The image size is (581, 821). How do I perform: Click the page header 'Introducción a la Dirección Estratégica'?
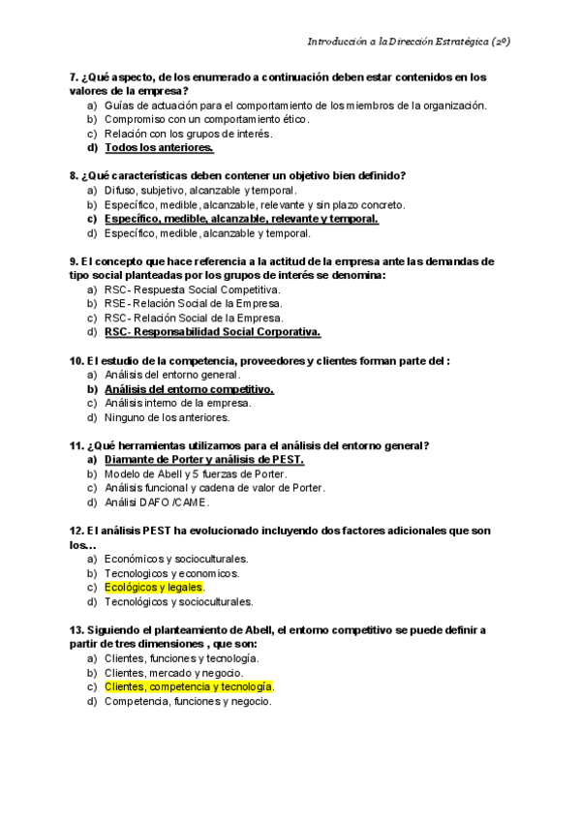point(409,43)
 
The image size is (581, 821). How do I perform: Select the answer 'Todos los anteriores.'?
point(159,148)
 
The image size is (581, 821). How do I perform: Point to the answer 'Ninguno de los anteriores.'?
point(167,417)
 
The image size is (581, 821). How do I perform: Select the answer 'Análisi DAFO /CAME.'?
point(156,502)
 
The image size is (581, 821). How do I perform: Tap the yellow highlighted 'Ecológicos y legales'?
point(154,587)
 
